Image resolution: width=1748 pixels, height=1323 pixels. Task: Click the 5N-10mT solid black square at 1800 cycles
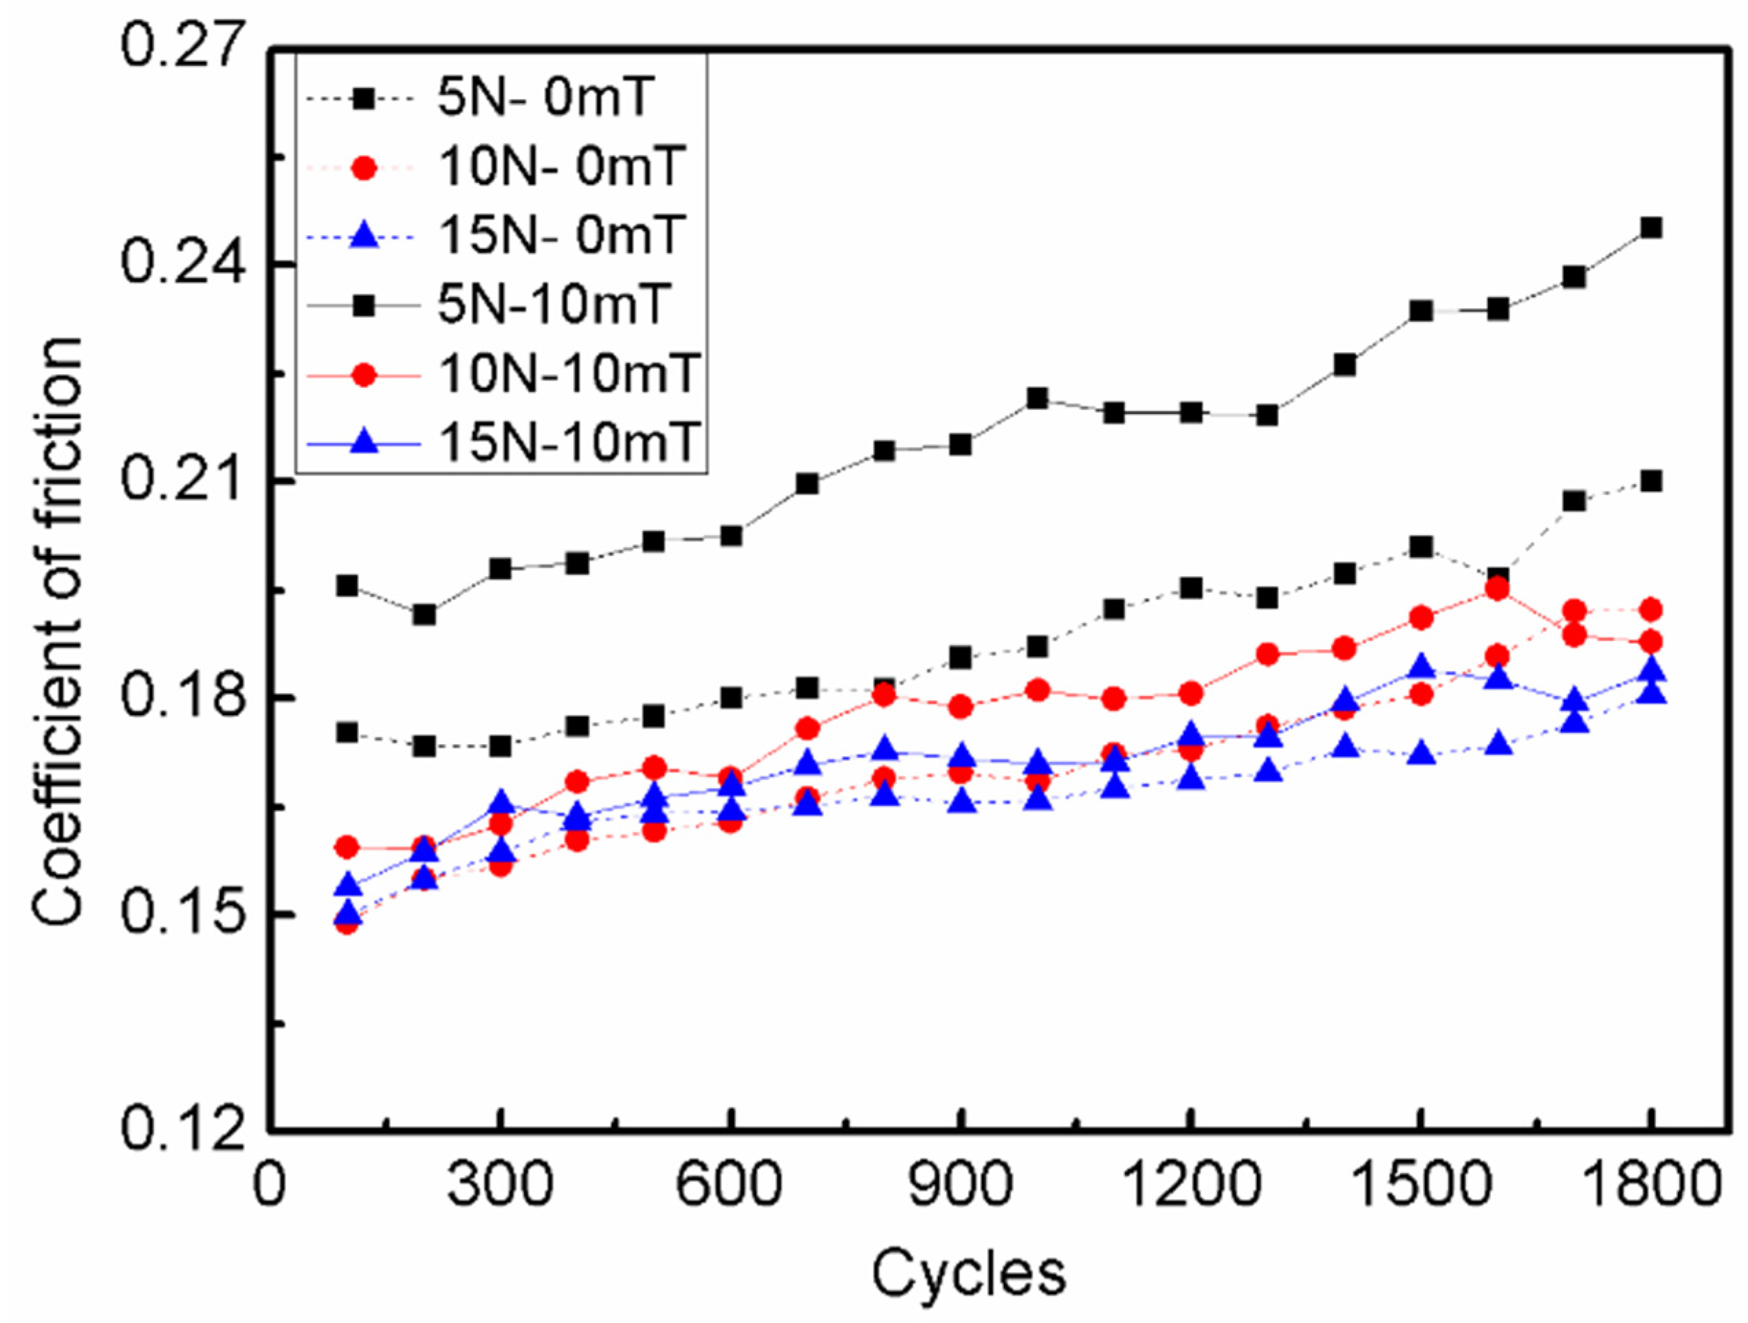pyautogui.click(x=1651, y=228)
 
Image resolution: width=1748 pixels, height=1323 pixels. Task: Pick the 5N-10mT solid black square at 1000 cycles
pyautogui.click(x=1038, y=398)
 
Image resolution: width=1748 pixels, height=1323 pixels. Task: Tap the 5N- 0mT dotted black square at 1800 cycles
pyautogui.click(x=1651, y=481)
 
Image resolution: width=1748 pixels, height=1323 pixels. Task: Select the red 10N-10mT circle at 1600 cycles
pyautogui.click(x=1497, y=589)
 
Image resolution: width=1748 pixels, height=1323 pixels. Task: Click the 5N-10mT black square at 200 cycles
pyautogui.click(x=424, y=614)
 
